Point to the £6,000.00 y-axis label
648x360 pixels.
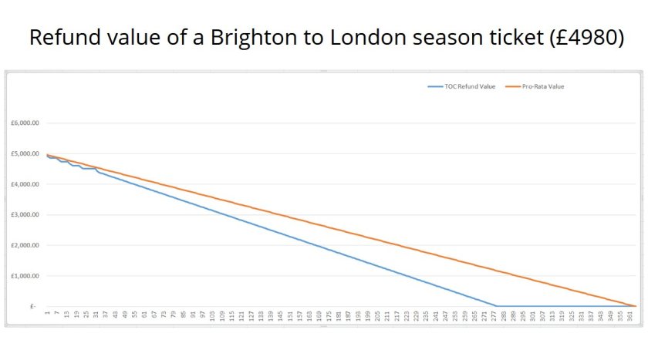(25, 123)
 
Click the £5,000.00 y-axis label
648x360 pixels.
(25, 154)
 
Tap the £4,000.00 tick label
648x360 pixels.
(25, 184)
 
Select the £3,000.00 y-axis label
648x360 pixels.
(25, 215)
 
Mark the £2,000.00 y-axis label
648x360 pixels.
(25, 245)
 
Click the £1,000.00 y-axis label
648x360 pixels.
(25, 276)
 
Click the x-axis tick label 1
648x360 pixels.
(48, 313)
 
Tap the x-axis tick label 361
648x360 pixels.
(631, 316)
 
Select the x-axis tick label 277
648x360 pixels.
(495, 316)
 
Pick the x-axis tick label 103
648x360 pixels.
(213, 316)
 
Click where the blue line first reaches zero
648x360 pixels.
(496, 306)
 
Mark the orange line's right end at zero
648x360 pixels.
(635, 306)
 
